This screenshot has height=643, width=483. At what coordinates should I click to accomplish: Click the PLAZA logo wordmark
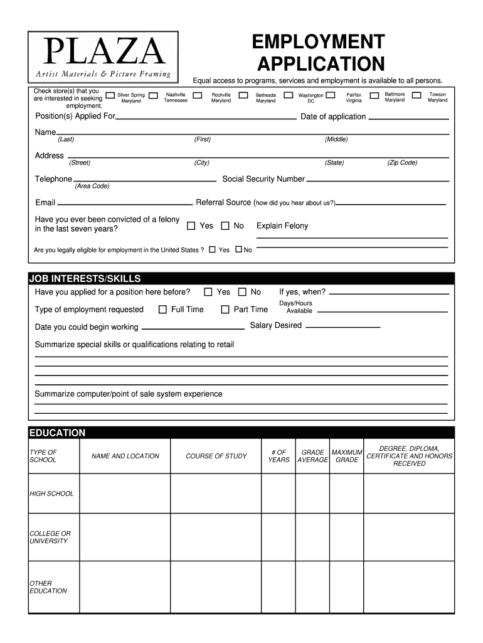103,53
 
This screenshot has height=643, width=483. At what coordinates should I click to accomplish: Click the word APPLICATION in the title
321,63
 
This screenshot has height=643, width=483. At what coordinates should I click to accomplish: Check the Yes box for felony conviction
191,225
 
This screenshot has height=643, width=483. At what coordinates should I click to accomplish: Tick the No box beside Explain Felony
225,225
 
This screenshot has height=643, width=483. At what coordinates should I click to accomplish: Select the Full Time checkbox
162,309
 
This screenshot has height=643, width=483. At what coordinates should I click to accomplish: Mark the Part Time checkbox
225,309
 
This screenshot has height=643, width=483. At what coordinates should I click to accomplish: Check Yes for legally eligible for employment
212,249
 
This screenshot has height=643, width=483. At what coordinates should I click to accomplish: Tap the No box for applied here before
242,292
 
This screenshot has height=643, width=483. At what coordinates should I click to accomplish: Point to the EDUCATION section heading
57,433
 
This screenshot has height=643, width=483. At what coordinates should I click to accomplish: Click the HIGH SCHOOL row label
51,494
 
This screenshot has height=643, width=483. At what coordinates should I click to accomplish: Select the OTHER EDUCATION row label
48,587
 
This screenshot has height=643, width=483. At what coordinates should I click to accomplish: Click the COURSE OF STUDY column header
216,456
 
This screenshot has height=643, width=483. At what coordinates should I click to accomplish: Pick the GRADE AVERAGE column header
312,456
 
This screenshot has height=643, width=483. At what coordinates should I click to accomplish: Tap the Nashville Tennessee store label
175,97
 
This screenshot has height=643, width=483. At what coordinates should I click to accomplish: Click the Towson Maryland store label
437,97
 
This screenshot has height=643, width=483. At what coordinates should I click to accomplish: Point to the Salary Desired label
275,325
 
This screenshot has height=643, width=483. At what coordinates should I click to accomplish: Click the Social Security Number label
263,179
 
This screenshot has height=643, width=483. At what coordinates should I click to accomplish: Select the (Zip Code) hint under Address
402,163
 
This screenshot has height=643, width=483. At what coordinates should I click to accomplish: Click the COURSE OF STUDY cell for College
216,537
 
